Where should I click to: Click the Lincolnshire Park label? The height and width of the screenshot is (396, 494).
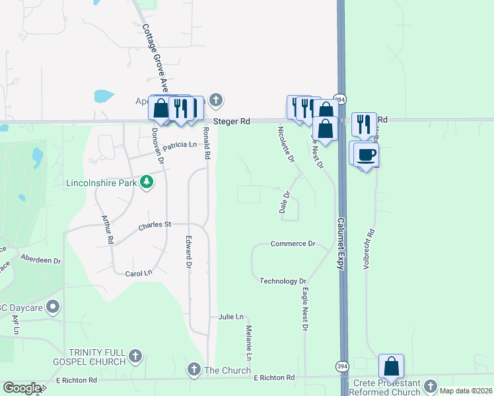coord(104,182)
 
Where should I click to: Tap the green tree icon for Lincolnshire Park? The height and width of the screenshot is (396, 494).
coord(148,182)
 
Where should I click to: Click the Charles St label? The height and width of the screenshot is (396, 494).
coord(155,226)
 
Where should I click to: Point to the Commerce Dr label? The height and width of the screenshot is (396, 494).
coord(293,244)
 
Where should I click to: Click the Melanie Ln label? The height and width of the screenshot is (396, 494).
coord(249,343)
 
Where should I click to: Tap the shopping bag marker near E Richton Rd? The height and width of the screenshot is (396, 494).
coord(391,366)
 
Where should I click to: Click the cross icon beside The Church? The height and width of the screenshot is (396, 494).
coord(194,370)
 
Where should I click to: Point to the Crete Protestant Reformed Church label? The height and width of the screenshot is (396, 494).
coord(386,387)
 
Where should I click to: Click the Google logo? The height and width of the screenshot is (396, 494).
coord(22,388)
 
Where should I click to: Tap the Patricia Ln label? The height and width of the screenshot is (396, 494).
coord(180,145)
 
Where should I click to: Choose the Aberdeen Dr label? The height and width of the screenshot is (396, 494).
coord(40,259)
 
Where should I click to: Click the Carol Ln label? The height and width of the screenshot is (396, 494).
coord(139,273)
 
